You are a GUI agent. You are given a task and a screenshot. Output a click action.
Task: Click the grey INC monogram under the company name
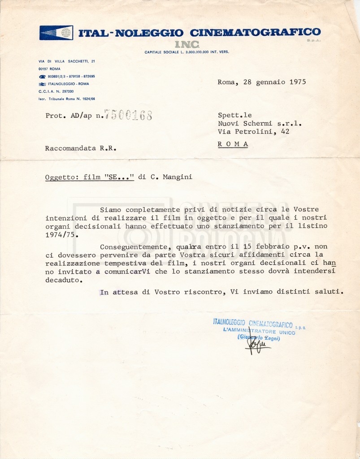187,44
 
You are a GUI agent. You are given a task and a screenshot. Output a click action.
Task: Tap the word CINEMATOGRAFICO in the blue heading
255,32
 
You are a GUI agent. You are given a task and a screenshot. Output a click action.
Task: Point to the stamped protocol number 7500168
127,115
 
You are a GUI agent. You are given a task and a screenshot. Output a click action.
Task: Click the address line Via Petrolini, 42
253,131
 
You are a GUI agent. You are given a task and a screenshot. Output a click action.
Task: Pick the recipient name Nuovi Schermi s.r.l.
260,123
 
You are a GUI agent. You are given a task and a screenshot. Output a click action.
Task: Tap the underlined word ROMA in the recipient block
233,144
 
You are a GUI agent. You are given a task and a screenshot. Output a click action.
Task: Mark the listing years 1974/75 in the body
63,234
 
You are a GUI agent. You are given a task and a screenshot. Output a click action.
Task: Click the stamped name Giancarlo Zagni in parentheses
259,338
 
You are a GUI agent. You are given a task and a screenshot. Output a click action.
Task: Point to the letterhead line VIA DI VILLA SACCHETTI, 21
66,61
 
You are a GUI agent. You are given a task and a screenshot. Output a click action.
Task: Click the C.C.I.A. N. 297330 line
56,91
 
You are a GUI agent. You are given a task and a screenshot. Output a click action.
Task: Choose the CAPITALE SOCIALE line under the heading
187,52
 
